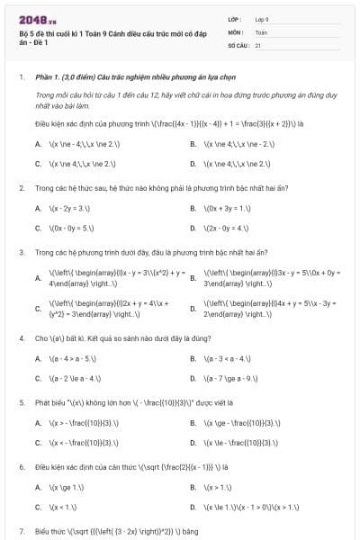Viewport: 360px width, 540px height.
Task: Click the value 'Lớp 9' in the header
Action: (x=264, y=19)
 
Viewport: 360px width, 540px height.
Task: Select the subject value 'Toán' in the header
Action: (x=261, y=31)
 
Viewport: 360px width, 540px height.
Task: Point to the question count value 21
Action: (x=258, y=44)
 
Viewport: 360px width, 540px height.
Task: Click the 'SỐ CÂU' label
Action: (x=238, y=44)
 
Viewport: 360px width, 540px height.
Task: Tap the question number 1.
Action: (x=22, y=77)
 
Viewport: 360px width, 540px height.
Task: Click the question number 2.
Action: (x=22, y=187)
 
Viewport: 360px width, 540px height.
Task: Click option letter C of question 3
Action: (x=38, y=310)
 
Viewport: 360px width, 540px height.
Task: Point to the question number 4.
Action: (x=22, y=337)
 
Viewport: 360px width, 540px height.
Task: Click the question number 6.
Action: (x=22, y=467)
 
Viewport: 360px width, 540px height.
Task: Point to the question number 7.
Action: (x=22, y=531)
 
